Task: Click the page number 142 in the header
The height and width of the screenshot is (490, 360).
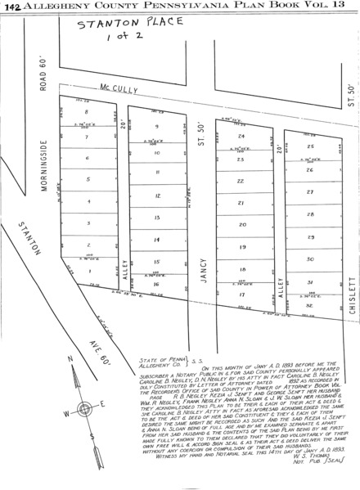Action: click(12, 7)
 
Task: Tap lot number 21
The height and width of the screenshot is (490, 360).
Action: click(241, 203)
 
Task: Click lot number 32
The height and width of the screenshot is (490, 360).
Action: click(311, 303)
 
